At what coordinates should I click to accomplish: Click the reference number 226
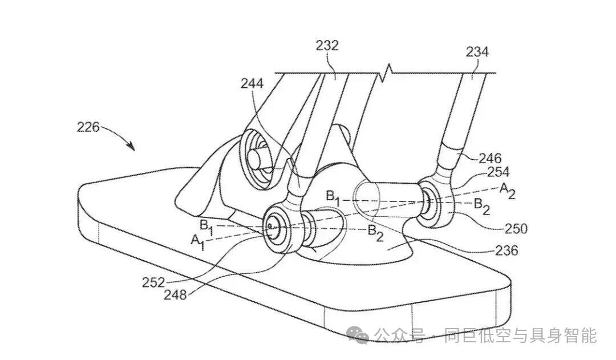(x=88, y=127)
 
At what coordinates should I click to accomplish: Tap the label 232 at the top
(x=327, y=45)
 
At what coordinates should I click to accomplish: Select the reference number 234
(x=477, y=52)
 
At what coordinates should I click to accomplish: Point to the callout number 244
(x=252, y=83)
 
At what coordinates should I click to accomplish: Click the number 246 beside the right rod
(x=490, y=158)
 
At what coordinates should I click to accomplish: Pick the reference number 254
(x=498, y=172)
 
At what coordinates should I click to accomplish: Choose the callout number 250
(x=516, y=228)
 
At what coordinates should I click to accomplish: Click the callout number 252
(x=153, y=282)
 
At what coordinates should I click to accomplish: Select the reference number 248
(x=175, y=294)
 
